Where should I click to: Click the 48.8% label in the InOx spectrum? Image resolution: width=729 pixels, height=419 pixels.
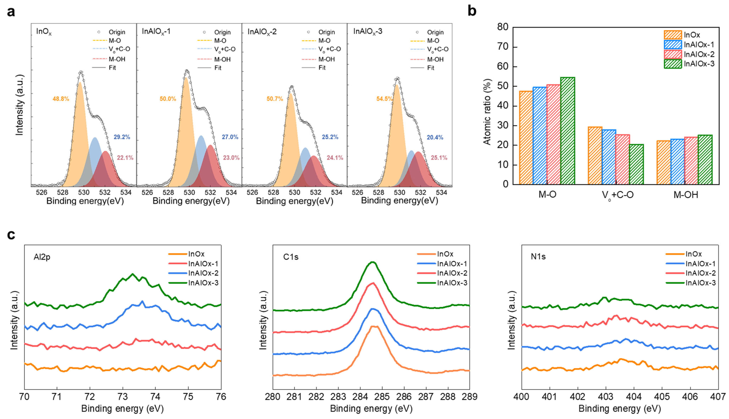61,99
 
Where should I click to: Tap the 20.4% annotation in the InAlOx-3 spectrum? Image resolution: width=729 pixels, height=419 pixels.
435,137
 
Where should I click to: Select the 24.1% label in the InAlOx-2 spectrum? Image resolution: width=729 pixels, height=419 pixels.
335,158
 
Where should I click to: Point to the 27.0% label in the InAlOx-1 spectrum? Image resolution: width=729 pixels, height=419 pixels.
230,137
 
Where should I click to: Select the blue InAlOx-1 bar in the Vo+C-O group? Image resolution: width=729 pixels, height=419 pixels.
609,157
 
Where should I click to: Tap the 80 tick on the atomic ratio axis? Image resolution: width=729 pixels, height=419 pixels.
503,27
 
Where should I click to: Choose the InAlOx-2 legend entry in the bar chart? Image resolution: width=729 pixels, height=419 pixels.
699,54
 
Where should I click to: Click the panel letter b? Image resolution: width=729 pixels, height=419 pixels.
472,11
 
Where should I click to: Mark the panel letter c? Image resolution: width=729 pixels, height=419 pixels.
11,235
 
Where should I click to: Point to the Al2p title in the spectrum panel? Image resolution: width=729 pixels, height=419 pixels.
42,257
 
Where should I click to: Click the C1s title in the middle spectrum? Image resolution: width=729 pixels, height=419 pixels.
291,257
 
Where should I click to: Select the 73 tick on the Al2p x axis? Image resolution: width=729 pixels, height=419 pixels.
123,397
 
